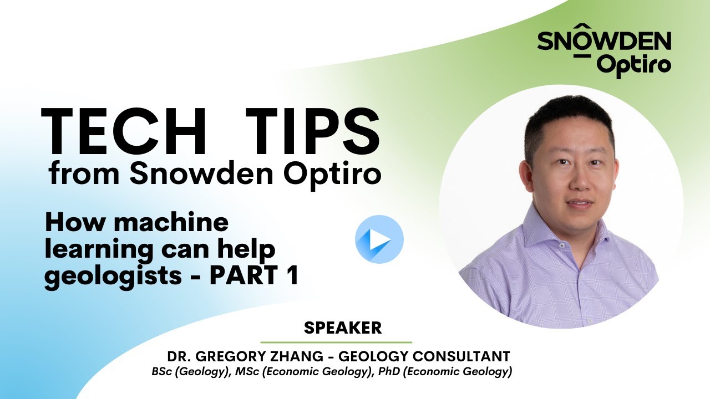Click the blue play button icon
click(379, 239)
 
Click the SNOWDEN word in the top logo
click(604, 42)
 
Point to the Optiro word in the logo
click(635, 65)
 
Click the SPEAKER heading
click(343, 328)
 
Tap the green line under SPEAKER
click(336, 342)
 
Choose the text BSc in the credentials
click(163, 372)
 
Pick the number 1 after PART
click(292, 275)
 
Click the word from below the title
click(84, 175)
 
